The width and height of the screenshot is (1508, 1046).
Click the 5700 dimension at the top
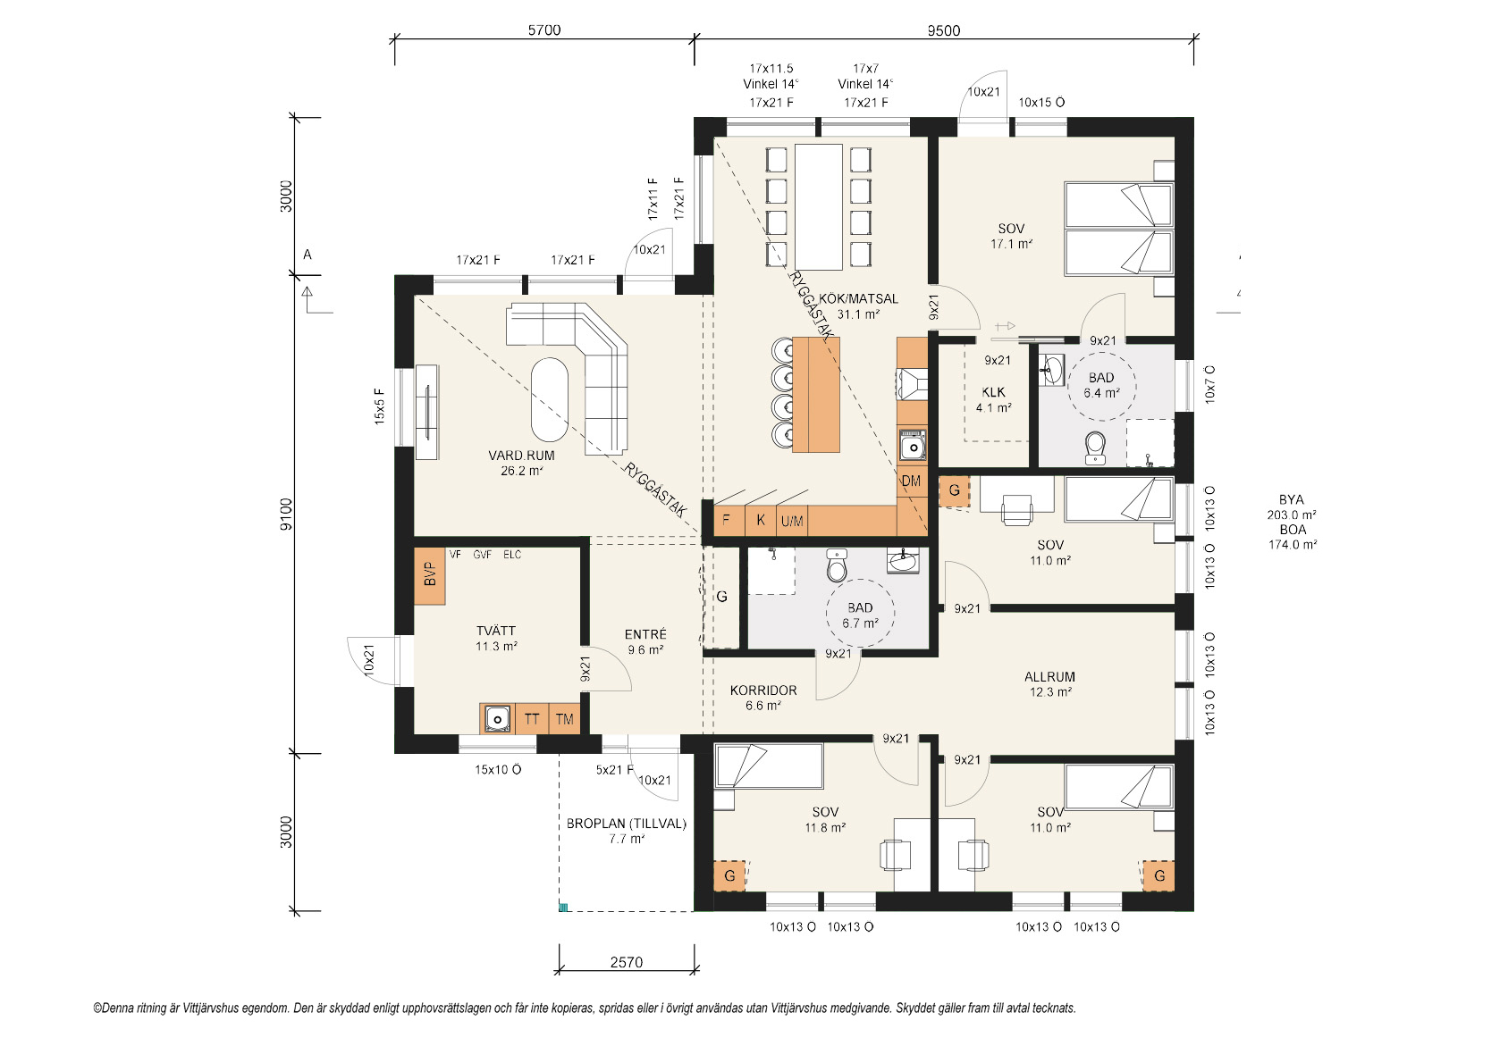pyautogui.click(x=544, y=30)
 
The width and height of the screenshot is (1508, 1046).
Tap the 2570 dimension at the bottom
pyautogui.click(x=626, y=963)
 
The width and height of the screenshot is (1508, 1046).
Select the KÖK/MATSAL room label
pyautogui.click(x=858, y=298)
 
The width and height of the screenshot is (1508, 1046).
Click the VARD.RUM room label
pyautogui.click(x=522, y=456)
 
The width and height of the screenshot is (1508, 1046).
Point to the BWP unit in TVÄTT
pyautogui.click(x=429, y=576)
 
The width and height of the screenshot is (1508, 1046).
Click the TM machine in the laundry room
pyautogui.click(x=564, y=719)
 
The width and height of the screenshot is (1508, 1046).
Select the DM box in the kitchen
pyautogui.click(x=911, y=481)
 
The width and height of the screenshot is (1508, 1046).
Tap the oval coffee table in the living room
pyautogui.click(x=550, y=399)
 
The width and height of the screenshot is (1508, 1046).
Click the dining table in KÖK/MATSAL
pyautogui.click(x=819, y=207)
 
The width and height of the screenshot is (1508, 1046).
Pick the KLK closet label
pyautogui.click(x=994, y=392)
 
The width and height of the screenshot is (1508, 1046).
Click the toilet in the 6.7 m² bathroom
pyautogui.click(x=837, y=565)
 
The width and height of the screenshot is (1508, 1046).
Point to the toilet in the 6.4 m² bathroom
pyautogui.click(x=1095, y=448)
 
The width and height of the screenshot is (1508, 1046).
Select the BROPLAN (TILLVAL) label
pyautogui.click(x=626, y=824)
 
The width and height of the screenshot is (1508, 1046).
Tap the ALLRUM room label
pyautogui.click(x=1049, y=677)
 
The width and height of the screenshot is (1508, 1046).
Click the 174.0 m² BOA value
pyautogui.click(x=1293, y=545)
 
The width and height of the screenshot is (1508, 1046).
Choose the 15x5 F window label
pyautogui.click(x=380, y=406)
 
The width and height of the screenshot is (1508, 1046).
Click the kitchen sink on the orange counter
pyautogui.click(x=913, y=446)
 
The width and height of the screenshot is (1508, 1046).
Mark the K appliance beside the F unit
pyautogui.click(x=761, y=520)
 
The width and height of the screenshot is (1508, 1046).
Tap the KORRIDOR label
pyautogui.click(x=763, y=690)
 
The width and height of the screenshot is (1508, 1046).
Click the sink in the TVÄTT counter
pyautogui.click(x=497, y=718)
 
